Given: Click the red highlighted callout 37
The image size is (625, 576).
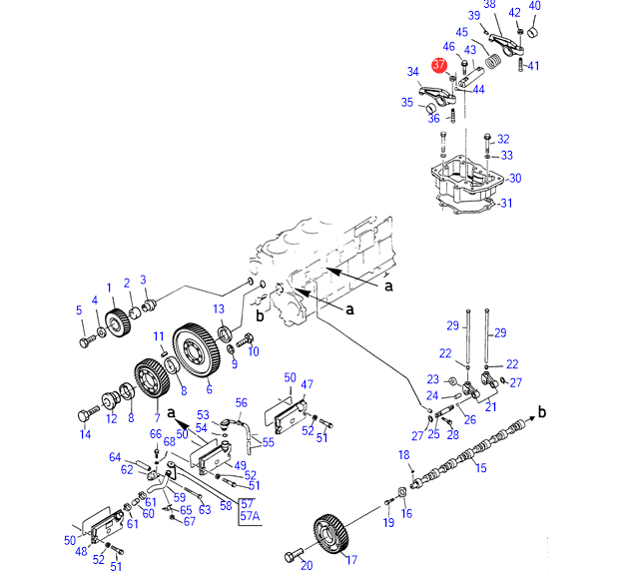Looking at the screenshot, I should tap(439, 65).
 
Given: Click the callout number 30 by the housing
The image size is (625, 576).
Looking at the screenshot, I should tap(515, 180).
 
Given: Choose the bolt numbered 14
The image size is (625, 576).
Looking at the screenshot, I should tap(91, 410).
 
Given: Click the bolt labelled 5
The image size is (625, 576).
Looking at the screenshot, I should tap(84, 342).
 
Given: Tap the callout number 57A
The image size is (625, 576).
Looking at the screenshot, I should tap(249, 517).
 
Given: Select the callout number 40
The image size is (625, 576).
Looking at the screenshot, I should tap(534, 6).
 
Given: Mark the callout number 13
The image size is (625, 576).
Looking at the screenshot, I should tap(218, 308).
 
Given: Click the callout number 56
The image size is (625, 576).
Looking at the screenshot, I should tap(241, 403).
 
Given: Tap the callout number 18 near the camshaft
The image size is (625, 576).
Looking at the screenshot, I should tap(403, 455).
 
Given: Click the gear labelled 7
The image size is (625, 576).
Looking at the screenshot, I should tap(151, 381).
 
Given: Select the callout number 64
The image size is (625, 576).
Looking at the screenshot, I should tap(115, 457).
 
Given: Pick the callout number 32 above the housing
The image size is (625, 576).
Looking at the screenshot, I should tap(503, 139).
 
